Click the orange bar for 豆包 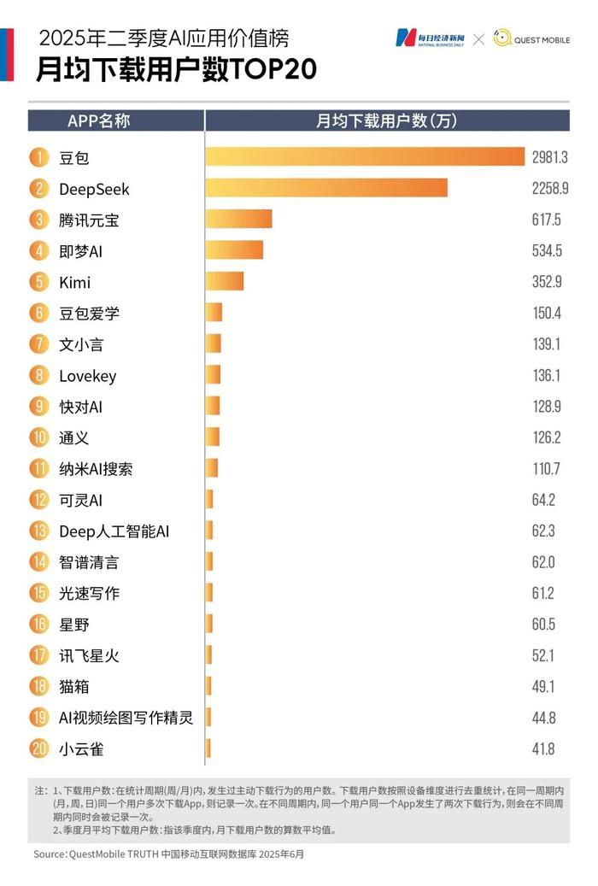coord(364,157)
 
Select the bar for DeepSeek coord(325,188)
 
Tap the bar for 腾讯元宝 coord(238,220)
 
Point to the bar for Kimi coord(225,282)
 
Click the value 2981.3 coord(549,157)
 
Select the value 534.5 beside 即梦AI coord(547,251)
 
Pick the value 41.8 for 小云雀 coord(543,749)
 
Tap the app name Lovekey coord(87,376)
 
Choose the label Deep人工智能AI coord(114,531)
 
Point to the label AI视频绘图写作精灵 coord(126,718)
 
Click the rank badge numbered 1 coord(38,157)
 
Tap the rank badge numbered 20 coord(38,749)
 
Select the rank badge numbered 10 coord(38,438)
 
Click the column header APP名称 coord(98,120)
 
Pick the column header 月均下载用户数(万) coord(386,120)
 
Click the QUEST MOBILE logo coord(531,38)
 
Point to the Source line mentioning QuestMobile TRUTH coord(168,854)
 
